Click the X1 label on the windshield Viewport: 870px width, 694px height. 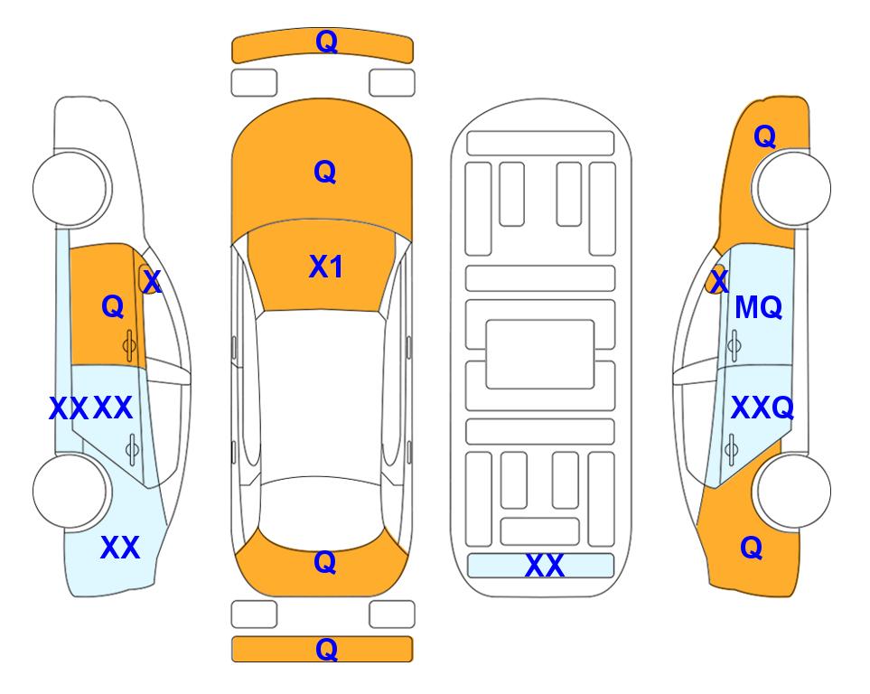(326, 267)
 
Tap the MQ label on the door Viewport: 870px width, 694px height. (758, 307)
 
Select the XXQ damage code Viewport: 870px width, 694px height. (762, 408)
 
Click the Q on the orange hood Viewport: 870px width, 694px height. (325, 172)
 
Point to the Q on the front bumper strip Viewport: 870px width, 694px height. (326, 41)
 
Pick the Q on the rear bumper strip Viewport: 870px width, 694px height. (326, 649)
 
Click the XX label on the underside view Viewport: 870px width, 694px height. (544, 566)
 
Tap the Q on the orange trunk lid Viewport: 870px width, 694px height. (325, 562)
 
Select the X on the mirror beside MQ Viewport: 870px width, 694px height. (719, 281)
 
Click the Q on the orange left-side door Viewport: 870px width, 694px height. (113, 306)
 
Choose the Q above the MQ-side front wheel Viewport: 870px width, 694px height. (764, 136)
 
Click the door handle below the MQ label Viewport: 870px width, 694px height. (734, 345)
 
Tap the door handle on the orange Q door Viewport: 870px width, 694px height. (129, 345)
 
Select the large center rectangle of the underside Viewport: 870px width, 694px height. (540, 354)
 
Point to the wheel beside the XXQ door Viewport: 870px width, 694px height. (791, 491)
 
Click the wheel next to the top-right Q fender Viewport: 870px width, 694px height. (791, 188)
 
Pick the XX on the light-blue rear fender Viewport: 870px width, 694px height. (120, 548)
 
